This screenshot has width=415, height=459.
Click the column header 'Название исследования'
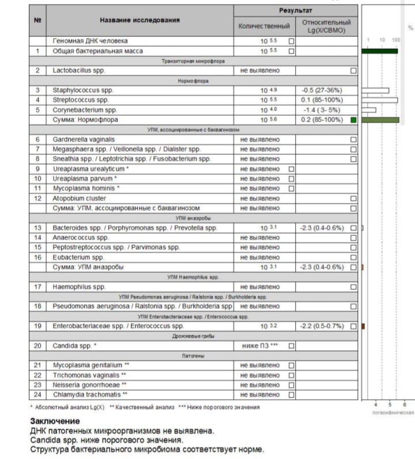tap(139, 21)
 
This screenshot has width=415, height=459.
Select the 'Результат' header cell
tap(295, 10)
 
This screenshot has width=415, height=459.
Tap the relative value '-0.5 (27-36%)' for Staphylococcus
tap(321, 90)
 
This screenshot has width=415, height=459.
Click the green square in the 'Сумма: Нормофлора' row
tap(353, 120)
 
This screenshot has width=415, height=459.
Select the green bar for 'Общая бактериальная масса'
tap(380, 51)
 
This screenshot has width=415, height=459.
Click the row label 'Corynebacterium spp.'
tap(85, 110)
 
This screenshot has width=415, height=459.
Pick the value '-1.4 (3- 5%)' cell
tap(320, 110)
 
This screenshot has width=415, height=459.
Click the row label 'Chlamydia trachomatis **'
tap(90, 395)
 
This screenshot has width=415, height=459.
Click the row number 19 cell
tap(37, 326)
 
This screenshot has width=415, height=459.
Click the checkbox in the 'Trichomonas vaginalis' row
tap(291, 375)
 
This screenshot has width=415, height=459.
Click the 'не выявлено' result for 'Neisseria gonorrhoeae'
tap(260, 385)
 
